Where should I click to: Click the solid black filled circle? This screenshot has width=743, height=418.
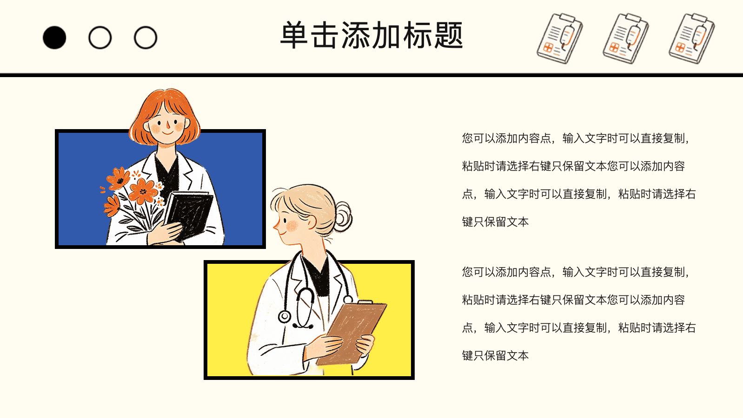tap(54, 38)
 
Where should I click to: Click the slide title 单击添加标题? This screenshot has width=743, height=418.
tap(371, 35)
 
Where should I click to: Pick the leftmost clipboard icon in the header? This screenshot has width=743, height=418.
tap(560, 38)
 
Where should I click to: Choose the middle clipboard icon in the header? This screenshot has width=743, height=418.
tap(626, 38)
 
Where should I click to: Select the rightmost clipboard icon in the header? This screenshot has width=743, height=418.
tap(692, 38)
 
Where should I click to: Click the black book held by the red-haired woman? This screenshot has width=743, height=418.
tap(190, 214)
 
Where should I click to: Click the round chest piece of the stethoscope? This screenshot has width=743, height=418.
tap(284, 316)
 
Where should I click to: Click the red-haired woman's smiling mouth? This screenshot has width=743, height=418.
tap(167, 133)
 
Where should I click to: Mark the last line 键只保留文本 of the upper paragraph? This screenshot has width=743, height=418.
tap(495, 222)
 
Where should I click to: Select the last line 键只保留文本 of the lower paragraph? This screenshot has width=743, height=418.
tap(495, 356)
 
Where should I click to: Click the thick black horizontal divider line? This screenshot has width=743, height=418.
tap(371, 75)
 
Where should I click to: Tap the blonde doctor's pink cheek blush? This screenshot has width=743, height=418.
tap(292, 226)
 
